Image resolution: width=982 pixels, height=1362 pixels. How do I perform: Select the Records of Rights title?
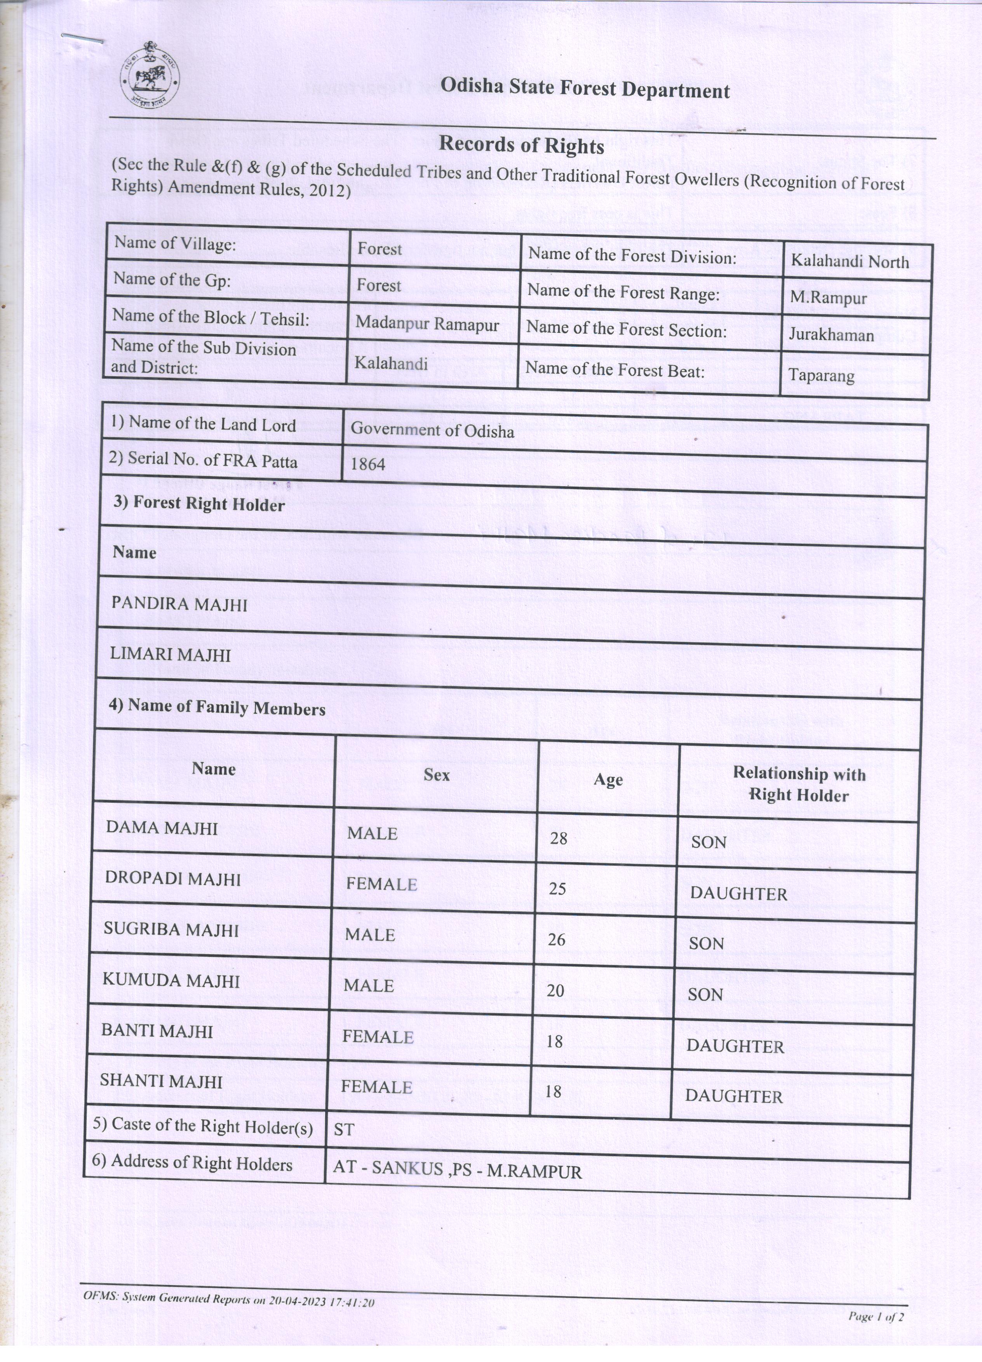click(x=521, y=145)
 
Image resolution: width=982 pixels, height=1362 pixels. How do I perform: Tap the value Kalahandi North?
click(x=849, y=261)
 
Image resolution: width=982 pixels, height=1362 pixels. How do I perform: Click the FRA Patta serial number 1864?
click(x=367, y=464)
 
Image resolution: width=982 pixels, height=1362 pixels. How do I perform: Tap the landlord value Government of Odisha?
click(x=432, y=430)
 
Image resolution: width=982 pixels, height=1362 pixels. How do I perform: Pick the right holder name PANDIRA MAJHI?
click(x=179, y=604)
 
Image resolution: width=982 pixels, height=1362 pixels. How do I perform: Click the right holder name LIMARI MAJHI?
click(x=171, y=654)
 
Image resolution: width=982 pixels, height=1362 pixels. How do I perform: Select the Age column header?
click(x=608, y=779)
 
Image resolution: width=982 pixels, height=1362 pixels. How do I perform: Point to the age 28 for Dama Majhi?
click(x=559, y=838)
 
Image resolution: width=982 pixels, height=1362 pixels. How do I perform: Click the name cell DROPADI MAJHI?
click(x=172, y=878)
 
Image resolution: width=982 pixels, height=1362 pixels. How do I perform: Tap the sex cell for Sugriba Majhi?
click(x=370, y=934)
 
